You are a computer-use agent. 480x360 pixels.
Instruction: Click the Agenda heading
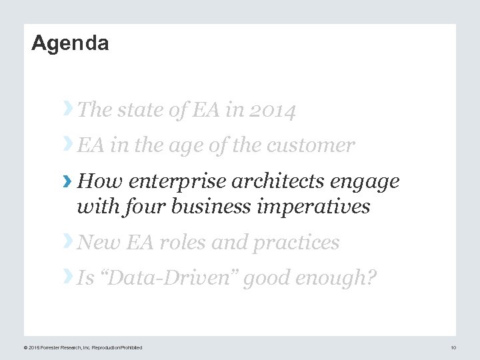point(70,44)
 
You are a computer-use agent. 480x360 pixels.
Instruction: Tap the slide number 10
point(453,347)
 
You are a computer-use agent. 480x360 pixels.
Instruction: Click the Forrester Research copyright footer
point(83,347)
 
